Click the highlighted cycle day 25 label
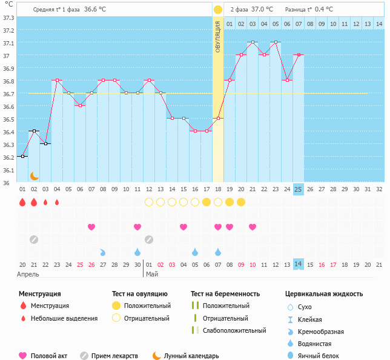click(x=298, y=189)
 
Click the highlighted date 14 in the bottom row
click(x=298, y=264)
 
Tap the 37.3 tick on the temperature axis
click(x=9, y=18)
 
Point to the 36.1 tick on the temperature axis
click(x=9, y=170)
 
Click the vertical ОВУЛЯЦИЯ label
click(x=218, y=36)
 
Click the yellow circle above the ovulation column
click(x=218, y=10)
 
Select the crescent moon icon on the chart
click(x=35, y=175)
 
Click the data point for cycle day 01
click(x=22, y=156)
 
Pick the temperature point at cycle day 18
click(x=218, y=118)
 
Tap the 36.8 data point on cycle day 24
click(x=287, y=80)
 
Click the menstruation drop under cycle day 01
click(x=22, y=202)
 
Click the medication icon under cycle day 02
click(x=34, y=239)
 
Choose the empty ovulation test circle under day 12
click(x=149, y=202)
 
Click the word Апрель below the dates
click(x=28, y=274)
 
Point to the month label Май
click(x=151, y=274)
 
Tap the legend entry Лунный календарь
click(x=191, y=356)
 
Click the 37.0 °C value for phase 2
click(x=262, y=10)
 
